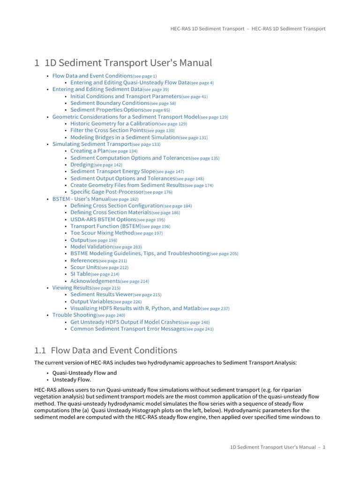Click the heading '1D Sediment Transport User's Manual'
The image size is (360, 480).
pyautogui.click(x=123, y=63)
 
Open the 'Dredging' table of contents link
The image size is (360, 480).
pyautogui.click(x=82, y=165)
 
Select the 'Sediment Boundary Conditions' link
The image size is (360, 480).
pyautogui.click(x=110, y=103)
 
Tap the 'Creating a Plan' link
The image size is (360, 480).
pyautogui.click(x=89, y=151)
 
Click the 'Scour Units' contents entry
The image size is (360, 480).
pyautogui.click(x=84, y=267)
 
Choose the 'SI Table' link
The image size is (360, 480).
pyautogui.click(x=80, y=274)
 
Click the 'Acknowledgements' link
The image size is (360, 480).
pyautogui.click(x=95, y=281)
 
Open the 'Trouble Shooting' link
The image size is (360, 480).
pyautogui.click(x=74, y=315)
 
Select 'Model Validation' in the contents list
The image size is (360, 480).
pyautogui.click(x=91, y=247)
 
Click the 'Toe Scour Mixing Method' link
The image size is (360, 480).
pyautogui.click(x=102, y=233)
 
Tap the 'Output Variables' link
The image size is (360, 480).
pyautogui.click(x=91, y=301)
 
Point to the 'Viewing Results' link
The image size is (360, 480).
pyautogui.click(x=72, y=288)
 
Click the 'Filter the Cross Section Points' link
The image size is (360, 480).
pyautogui.click(x=108, y=130)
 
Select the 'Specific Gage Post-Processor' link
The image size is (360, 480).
pyautogui.click(x=106, y=192)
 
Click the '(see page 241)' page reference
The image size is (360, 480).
pyautogui.click(x=199, y=330)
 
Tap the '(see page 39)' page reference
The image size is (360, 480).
pyautogui.click(x=156, y=90)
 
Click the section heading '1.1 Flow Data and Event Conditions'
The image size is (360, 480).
pyautogui.click(x=106, y=350)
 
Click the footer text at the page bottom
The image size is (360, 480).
pyautogui.click(x=277, y=447)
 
